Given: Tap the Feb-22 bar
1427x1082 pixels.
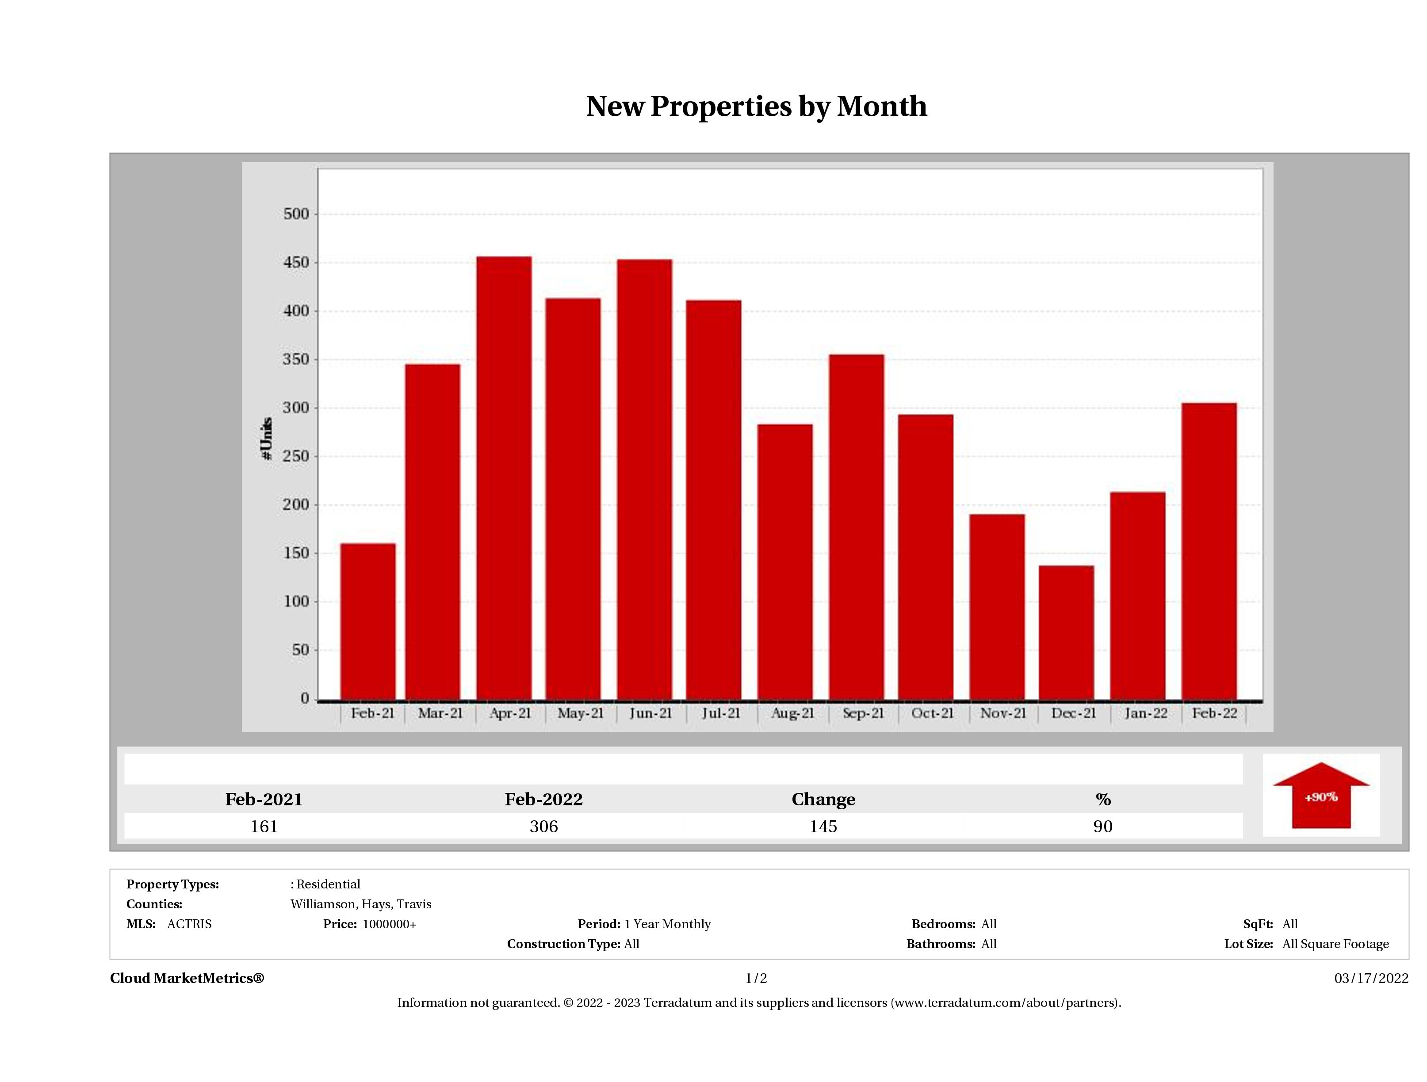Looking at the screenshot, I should click(x=1209, y=551).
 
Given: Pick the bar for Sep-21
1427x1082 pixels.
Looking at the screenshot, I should click(x=857, y=527).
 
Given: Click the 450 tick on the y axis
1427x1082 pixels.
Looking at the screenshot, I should click(x=296, y=263).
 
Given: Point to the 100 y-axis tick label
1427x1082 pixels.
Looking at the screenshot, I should click(x=296, y=602).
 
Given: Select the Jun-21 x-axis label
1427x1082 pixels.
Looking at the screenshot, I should click(x=650, y=713).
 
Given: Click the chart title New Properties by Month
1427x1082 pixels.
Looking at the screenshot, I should click(x=756, y=107).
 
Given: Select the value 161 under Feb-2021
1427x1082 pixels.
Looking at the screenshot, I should click(x=264, y=826).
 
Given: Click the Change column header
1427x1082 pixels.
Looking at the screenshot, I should click(x=823, y=800).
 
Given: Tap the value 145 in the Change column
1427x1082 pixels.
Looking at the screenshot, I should click(x=823, y=826).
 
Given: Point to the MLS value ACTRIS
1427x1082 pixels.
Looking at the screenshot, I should click(x=189, y=924).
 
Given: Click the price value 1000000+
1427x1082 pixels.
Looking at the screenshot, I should click(x=389, y=924).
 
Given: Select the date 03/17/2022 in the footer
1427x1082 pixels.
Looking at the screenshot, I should click(x=1371, y=978).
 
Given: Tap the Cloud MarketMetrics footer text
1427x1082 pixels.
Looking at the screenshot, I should click(x=187, y=978).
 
